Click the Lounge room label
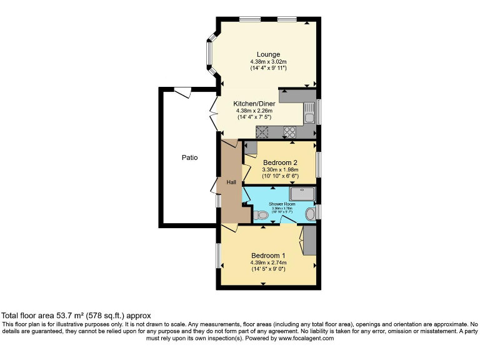tap(268, 54)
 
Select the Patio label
tap(189, 157)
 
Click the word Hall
tap(231, 182)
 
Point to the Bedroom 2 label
tap(280, 162)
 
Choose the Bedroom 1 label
tap(268, 255)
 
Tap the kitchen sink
tap(309, 114)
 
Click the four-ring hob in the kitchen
tap(291, 132)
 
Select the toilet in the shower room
tap(262, 216)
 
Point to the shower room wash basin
tap(310, 214)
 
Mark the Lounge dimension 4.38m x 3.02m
tap(268, 62)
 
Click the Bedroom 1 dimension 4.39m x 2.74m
tap(268, 262)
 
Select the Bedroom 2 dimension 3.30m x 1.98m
tap(280, 169)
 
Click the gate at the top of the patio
tap(182, 92)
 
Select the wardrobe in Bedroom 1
tap(308, 241)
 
